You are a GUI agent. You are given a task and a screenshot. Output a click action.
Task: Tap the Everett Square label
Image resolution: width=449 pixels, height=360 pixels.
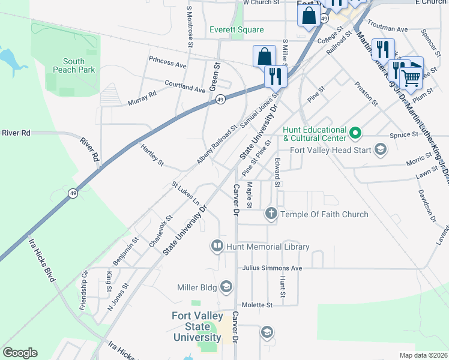pos(237,29)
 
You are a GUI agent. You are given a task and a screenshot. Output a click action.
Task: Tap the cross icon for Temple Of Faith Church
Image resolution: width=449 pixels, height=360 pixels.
pos(271,214)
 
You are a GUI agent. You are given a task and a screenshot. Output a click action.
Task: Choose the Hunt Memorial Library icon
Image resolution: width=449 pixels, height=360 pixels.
pos(217,246)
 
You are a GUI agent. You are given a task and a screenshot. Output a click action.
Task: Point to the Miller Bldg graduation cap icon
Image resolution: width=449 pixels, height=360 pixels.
pos(226,287)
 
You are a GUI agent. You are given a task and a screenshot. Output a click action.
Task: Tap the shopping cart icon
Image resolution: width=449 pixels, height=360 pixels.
pos(411,76)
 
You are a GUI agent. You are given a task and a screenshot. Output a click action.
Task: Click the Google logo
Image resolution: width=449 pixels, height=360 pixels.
pos(20,353)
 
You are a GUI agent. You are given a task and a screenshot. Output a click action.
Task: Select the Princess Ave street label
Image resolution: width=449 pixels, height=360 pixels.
pos(168,63)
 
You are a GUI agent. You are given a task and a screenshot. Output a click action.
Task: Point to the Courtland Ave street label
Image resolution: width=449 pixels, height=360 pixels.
pos(185,86)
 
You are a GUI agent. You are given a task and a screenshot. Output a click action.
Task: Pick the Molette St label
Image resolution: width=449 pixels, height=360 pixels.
pos(257,305)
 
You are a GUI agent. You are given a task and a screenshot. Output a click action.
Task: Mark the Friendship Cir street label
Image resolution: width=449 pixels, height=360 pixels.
pos(84,290)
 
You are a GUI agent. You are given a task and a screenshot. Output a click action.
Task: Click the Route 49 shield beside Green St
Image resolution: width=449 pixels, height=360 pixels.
pos(221,100)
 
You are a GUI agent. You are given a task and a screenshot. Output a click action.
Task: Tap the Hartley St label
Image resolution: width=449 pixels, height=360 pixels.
pos(152,155)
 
